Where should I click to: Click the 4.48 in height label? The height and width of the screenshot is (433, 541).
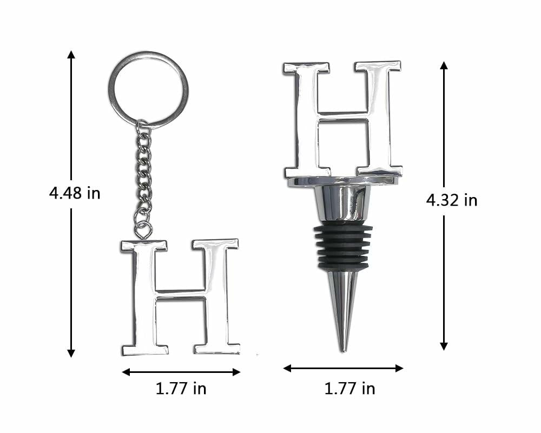tap(75, 193)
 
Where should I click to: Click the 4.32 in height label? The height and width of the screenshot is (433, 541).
tap(452, 200)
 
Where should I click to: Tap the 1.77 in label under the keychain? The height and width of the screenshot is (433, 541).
tap(181, 388)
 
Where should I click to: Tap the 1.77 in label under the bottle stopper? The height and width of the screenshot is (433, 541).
tap(349, 388)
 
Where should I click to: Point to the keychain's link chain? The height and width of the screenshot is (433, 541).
tap(143, 173)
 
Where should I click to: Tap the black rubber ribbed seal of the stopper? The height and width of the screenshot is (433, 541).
tap(342, 246)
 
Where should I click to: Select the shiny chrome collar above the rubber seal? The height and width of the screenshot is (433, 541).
tap(342, 204)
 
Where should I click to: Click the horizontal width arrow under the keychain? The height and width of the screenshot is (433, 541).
tap(181, 372)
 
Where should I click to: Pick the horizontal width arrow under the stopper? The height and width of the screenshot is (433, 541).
tap(343, 369)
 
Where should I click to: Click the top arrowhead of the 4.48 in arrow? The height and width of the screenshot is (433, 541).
tap(71, 54)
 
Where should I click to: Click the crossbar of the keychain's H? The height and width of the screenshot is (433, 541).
tap(181, 294)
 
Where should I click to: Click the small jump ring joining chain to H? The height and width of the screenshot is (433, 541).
tap(142, 231)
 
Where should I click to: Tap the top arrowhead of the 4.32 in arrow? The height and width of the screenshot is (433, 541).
tap(444, 65)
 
